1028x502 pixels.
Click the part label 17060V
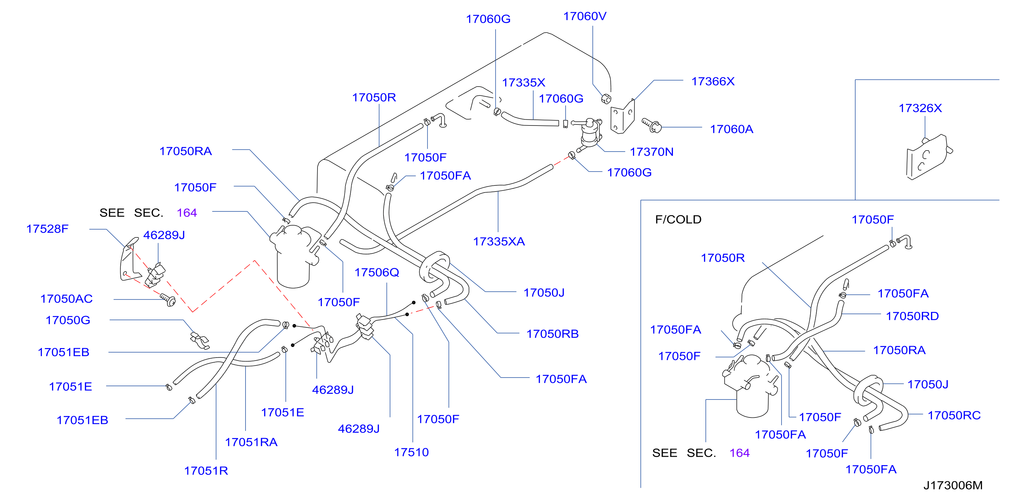click(x=585, y=16)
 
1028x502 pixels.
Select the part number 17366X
click(x=713, y=82)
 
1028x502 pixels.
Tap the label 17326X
click(x=920, y=108)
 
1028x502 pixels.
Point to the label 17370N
click(x=652, y=152)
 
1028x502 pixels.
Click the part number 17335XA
click(x=499, y=241)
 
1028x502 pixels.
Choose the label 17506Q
click(x=377, y=272)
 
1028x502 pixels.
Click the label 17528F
click(x=47, y=229)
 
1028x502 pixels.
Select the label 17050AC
click(x=66, y=299)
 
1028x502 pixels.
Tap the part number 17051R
click(x=206, y=471)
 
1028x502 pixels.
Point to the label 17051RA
click(x=251, y=442)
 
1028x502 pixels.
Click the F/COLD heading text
click(x=678, y=219)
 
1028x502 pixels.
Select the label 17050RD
click(x=912, y=316)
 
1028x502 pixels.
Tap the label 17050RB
click(x=552, y=334)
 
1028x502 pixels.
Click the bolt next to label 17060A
click(x=651, y=125)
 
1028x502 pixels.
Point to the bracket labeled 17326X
click(x=929, y=157)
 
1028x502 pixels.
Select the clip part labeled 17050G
click(x=200, y=341)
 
